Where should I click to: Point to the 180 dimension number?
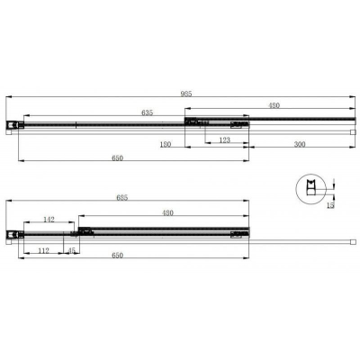[x=166, y=143]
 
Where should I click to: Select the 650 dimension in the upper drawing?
[x=117, y=158]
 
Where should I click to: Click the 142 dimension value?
[x=49, y=219]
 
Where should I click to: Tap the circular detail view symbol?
[x=310, y=190]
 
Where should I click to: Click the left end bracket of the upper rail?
[x=12, y=125]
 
